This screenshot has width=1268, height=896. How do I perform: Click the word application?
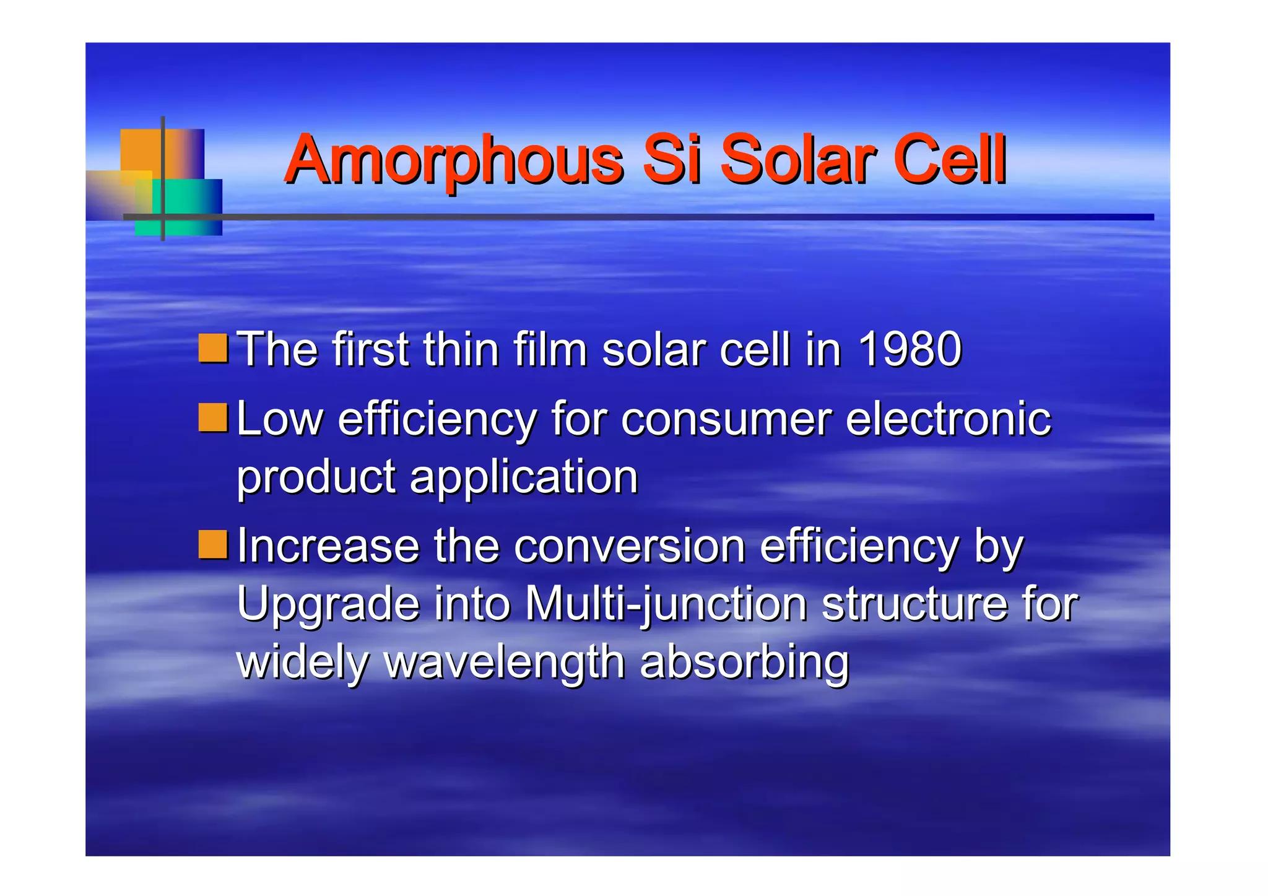tap(523, 478)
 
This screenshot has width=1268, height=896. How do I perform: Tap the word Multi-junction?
tap(666, 604)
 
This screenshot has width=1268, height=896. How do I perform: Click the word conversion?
tap(629, 546)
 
